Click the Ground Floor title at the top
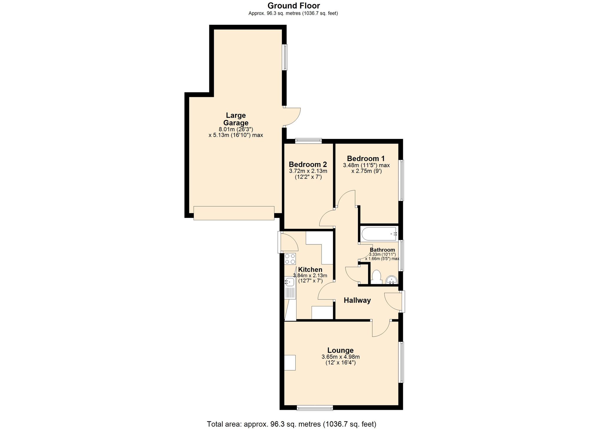[293, 6]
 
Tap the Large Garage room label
[236, 119]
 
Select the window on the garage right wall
[285, 57]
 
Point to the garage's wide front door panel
[234, 213]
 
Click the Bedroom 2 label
[308, 165]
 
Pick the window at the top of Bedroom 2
[308, 141]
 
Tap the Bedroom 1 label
[366, 159]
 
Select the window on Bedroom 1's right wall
[401, 180]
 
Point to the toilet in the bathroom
[376, 277]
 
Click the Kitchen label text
[310, 269]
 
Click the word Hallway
[357, 300]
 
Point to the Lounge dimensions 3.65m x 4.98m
[340, 357]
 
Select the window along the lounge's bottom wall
[315, 408]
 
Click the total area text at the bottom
[292, 424]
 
